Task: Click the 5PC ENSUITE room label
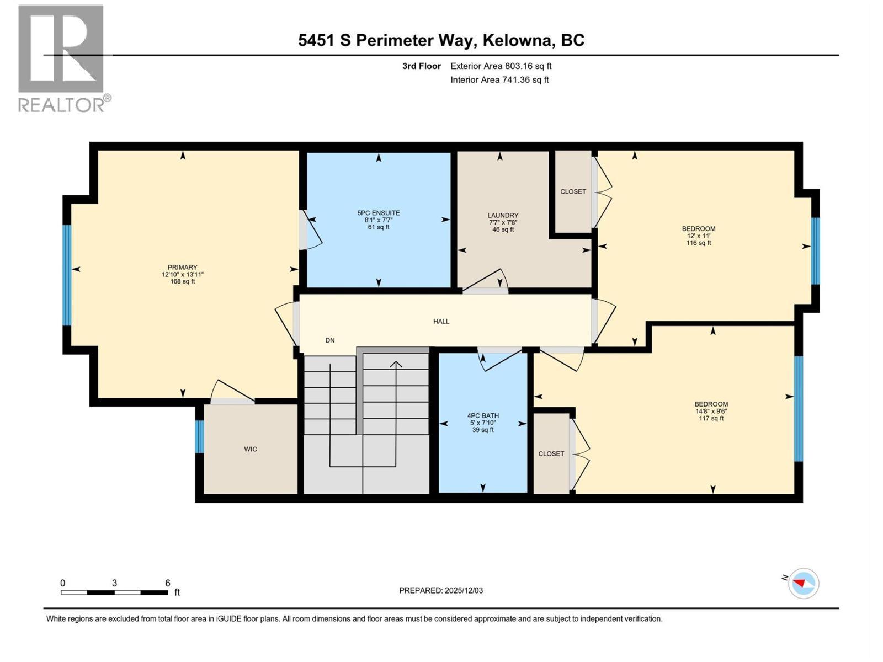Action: (x=379, y=213)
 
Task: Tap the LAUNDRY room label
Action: (x=503, y=216)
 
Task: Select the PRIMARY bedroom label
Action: (x=183, y=268)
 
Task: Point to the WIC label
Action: (x=251, y=449)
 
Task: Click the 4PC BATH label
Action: (x=483, y=416)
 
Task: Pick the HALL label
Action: (x=441, y=321)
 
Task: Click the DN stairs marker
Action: (x=330, y=340)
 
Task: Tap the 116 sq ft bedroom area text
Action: (x=699, y=243)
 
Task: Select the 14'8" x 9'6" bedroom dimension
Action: (x=711, y=411)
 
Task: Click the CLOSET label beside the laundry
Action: (x=573, y=191)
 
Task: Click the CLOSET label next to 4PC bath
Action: (x=551, y=453)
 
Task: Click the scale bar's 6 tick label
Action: (x=168, y=583)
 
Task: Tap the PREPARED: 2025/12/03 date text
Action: (x=441, y=590)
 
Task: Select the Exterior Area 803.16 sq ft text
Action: (x=501, y=66)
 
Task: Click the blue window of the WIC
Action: (x=200, y=437)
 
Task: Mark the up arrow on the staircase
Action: (x=396, y=365)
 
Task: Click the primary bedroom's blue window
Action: (x=67, y=275)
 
